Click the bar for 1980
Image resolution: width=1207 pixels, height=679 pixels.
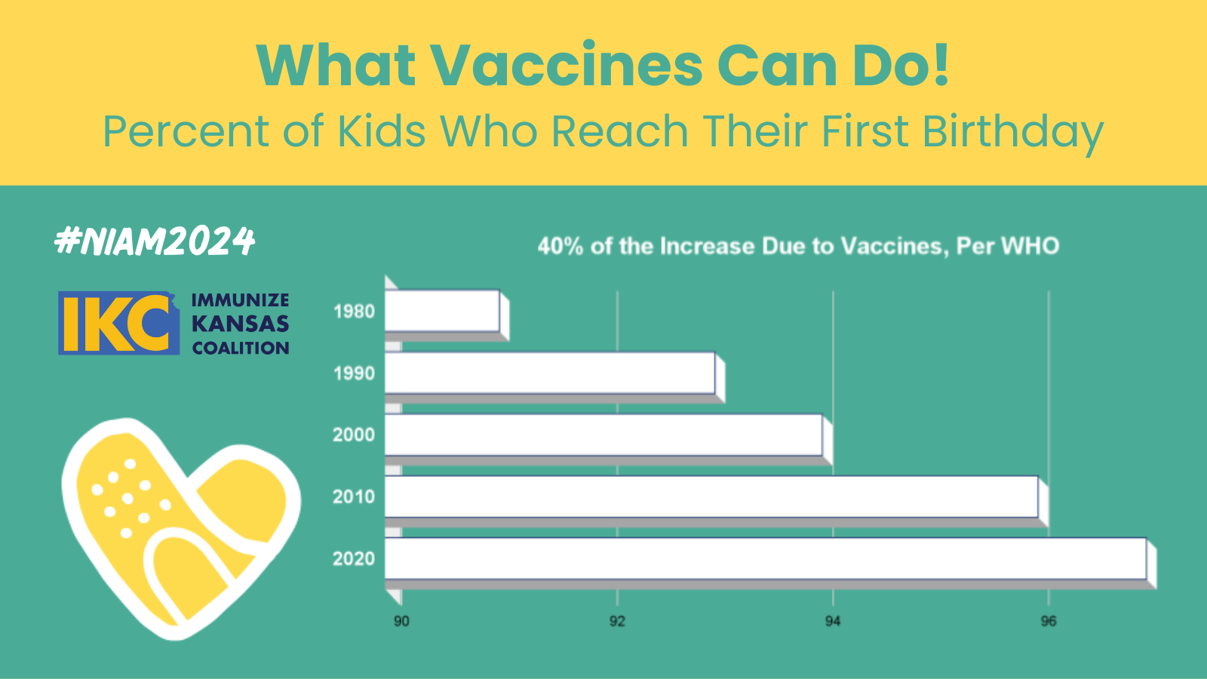coord(442,311)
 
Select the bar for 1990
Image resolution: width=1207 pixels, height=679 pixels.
coord(550,373)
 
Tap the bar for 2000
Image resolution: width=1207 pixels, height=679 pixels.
coord(603,435)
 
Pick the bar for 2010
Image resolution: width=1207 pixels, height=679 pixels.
coord(711,497)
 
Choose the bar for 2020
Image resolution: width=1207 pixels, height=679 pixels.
coord(766,559)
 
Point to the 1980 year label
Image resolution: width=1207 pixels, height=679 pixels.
coord(354,312)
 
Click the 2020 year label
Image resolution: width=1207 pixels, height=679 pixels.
coord(354,559)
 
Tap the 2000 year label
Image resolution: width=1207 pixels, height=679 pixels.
coord(354,435)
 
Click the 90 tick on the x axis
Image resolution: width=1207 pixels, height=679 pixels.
coord(401,622)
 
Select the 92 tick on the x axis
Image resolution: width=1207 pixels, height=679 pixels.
coord(617,622)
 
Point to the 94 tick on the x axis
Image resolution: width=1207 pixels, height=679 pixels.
coord(833,622)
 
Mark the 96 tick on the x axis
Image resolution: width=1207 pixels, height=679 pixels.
coord(1048,622)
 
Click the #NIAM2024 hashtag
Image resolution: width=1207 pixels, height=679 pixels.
coord(155,241)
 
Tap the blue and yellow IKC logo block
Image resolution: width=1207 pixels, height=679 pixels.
coord(119,323)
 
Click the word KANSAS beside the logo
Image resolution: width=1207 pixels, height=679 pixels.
coord(241,324)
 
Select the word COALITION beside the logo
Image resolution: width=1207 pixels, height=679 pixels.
coord(241,348)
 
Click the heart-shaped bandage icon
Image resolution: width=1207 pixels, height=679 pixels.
coord(181,528)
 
